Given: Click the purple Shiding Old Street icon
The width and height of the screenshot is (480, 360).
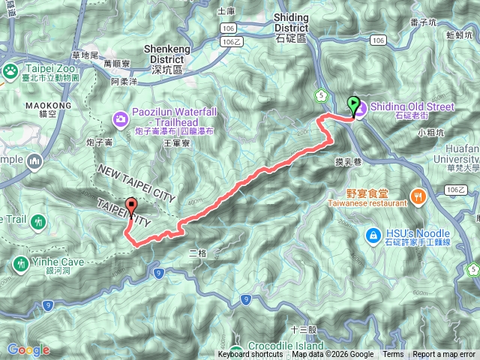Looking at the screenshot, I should [360, 110].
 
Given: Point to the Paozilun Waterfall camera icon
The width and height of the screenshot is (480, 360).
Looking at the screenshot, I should [121, 118].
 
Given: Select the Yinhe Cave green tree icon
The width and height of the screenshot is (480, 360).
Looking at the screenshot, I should [19, 263].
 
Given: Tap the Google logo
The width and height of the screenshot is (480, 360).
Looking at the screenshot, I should [28, 349].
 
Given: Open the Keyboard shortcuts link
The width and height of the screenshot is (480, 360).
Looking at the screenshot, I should [250, 355].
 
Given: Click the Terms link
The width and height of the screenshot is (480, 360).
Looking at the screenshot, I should [393, 355].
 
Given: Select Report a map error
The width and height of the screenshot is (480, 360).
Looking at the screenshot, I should [445, 355].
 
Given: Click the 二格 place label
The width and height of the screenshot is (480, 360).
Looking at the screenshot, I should [198, 253].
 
